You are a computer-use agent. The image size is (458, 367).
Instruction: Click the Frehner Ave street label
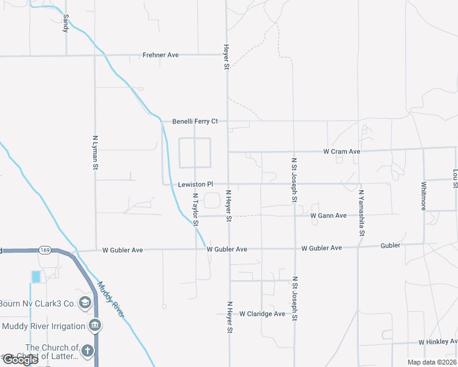(x=160, y=55)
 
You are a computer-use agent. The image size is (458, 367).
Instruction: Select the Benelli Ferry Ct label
(x=195, y=121)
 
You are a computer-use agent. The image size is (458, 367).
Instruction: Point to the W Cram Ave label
(x=342, y=151)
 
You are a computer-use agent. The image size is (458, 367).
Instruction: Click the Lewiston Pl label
(x=195, y=184)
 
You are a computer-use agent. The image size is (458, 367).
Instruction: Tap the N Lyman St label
(x=95, y=152)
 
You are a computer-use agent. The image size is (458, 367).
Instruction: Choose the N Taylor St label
(x=196, y=210)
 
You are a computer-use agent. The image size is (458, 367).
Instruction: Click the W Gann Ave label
(x=328, y=215)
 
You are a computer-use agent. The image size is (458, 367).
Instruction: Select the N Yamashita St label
(x=361, y=213)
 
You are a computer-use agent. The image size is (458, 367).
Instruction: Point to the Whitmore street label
(x=424, y=196)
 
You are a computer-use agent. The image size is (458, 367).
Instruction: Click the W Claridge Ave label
(x=262, y=314)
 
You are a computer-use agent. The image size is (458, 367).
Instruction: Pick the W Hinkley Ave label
(x=438, y=342)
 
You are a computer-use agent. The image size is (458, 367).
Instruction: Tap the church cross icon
(x=88, y=351)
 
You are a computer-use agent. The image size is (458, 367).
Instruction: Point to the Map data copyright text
(x=432, y=362)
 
